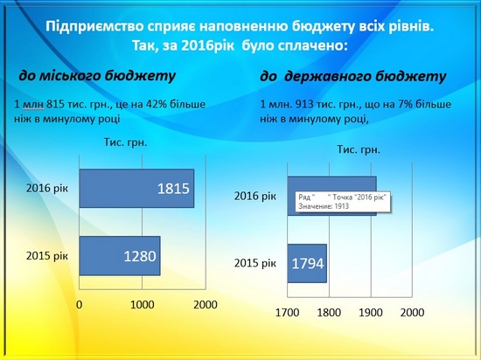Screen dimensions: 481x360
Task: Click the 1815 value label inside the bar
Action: [x=173, y=189]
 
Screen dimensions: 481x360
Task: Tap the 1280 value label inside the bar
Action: [x=140, y=256]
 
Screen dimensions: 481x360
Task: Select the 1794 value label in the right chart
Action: [x=307, y=264]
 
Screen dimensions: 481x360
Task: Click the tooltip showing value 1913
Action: [x=343, y=202]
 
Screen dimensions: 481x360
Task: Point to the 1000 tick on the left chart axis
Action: [x=142, y=305]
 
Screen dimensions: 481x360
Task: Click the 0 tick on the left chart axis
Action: [x=79, y=305]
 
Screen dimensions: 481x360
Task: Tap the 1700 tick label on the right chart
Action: [x=287, y=313]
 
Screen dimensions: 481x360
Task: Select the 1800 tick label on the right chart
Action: [x=329, y=313]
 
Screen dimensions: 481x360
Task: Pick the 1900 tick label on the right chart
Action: [x=371, y=313]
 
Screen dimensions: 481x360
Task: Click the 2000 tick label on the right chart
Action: [x=412, y=313]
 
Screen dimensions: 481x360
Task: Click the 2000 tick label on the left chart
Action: [x=206, y=305]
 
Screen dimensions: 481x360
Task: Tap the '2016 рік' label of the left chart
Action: [x=47, y=188]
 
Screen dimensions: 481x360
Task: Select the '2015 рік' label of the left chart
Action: [x=47, y=255]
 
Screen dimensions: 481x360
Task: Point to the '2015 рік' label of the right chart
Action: [x=255, y=263]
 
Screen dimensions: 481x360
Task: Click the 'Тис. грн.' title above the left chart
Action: [x=125, y=142]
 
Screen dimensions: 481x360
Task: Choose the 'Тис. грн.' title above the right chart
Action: [x=359, y=149]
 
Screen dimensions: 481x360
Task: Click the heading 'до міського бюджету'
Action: [x=97, y=75]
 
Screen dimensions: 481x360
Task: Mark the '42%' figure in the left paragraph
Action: [x=157, y=104]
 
